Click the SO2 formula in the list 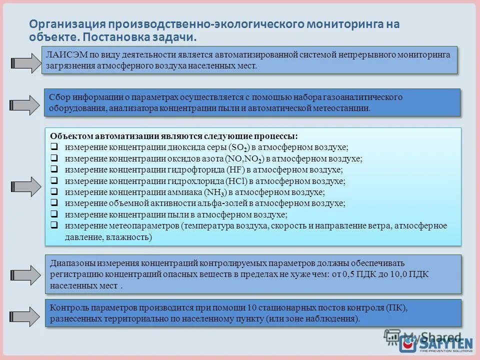(x=238, y=147)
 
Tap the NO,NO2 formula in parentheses (x=244, y=159)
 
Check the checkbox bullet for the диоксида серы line (x=54, y=147)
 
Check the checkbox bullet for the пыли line (x=54, y=214)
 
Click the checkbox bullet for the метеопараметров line (x=54, y=225)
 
